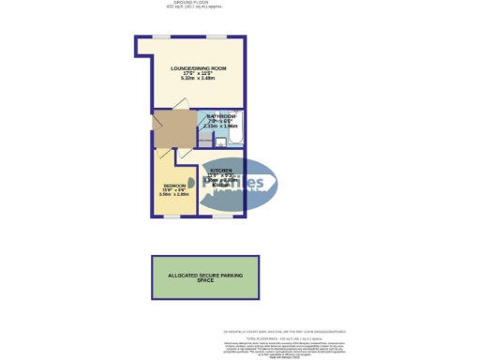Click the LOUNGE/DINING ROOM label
tap(199, 69)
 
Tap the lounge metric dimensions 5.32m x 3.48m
tap(199, 79)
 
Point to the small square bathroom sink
tap(220, 142)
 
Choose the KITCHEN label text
tap(222, 170)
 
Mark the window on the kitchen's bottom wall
tap(223, 217)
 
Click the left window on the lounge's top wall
tap(161, 37)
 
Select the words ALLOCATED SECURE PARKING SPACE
tap(205, 277)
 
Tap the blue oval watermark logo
tap(241, 184)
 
